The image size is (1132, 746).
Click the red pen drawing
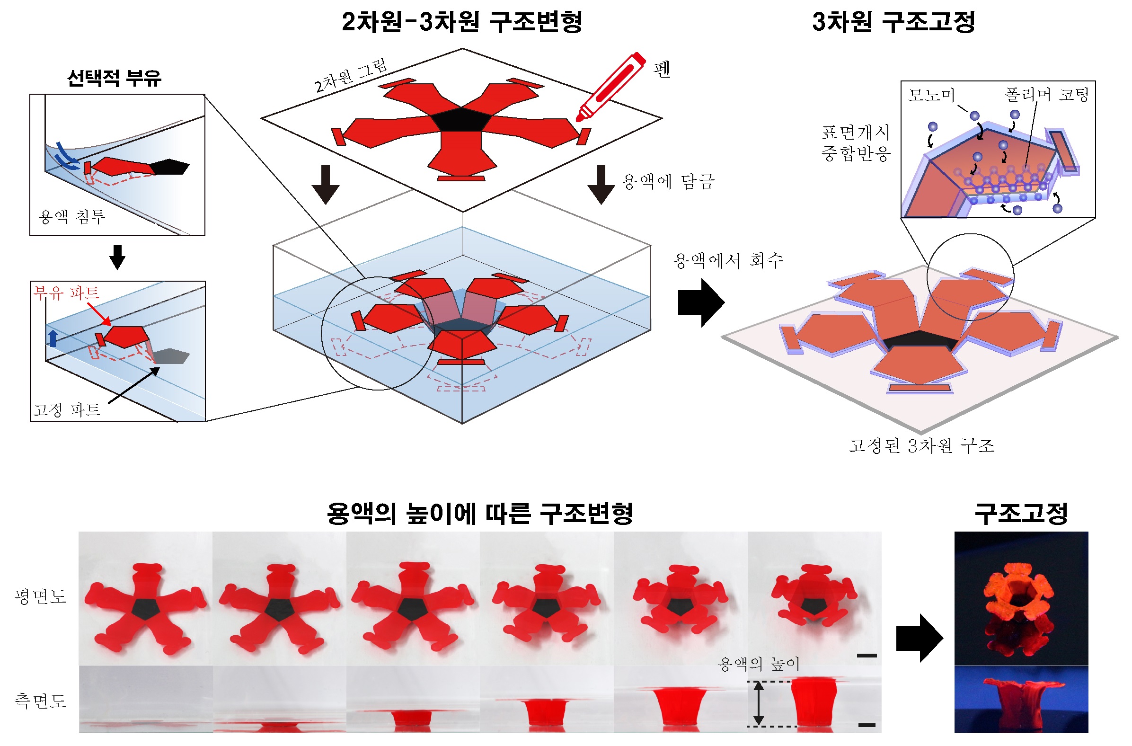pyautogui.click(x=610, y=87)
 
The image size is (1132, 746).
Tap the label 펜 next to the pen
pyautogui.click(x=662, y=70)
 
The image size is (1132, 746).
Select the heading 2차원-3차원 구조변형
pyautogui.click(x=462, y=22)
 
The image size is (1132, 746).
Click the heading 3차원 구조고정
pyautogui.click(x=893, y=22)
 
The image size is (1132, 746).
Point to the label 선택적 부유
pyautogui.click(x=114, y=78)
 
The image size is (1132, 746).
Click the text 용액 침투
pyautogui.click(x=72, y=217)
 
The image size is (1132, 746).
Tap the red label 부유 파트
pyautogui.click(x=66, y=292)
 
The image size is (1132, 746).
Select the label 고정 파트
pyautogui.click(x=67, y=409)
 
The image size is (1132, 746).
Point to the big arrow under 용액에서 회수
pyautogui.click(x=701, y=302)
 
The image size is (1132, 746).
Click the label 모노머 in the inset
pyautogui.click(x=931, y=95)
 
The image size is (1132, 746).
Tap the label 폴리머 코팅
pyautogui.click(x=1046, y=94)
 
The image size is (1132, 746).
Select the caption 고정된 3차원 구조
pyautogui.click(x=922, y=445)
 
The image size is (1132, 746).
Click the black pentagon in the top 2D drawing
pyautogui.click(x=460, y=119)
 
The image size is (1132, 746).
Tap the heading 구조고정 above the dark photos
pyautogui.click(x=1021, y=514)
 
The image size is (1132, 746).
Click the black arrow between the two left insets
pyautogui.click(x=117, y=258)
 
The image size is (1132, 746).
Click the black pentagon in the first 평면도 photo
pyautogui.click(x=145, y=609)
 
